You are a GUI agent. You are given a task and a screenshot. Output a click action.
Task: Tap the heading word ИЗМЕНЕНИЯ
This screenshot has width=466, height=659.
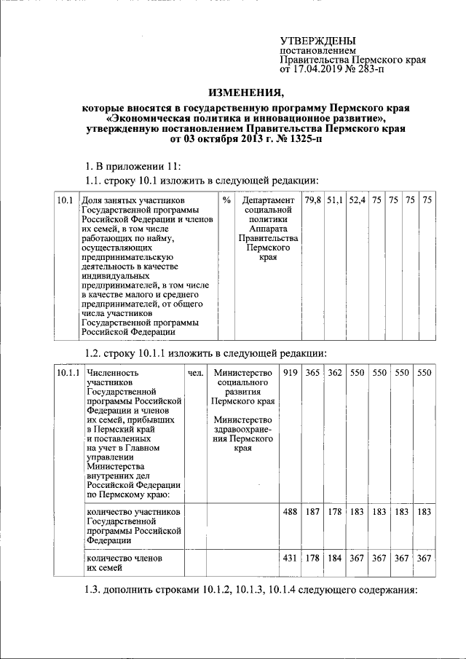coord(246,93)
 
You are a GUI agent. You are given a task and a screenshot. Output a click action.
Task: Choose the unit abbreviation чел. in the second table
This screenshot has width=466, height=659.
coord(194,373)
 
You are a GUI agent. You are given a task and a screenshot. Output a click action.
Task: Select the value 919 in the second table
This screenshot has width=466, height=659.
coord(291,373)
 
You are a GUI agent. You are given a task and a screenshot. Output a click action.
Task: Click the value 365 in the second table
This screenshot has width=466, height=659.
coord(313,373)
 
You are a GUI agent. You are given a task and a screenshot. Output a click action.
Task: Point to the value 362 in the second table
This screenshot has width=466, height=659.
coord(335,373)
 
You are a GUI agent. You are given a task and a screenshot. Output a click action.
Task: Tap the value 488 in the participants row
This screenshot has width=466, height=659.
coord(291,512)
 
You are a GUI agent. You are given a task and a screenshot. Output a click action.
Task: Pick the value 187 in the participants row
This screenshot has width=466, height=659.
coord(313,512)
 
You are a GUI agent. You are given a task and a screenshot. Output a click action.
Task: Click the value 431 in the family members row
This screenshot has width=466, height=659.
coord(291,557)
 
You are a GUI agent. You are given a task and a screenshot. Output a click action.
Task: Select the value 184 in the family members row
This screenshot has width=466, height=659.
coord(335,557)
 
